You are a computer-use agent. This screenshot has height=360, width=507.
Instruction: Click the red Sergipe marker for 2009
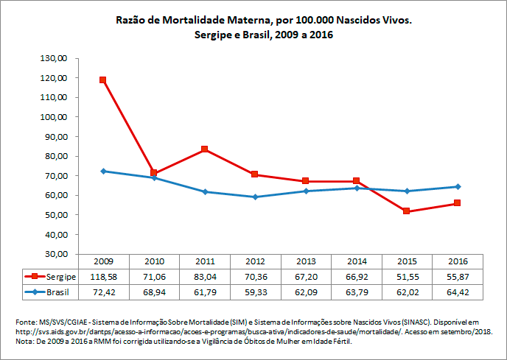[103, 80]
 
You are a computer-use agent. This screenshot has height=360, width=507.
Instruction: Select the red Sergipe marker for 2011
[204, 149]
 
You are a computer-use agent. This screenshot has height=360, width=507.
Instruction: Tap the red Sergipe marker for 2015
[407, 211]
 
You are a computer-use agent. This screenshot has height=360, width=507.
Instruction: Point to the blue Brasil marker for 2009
[103, 171]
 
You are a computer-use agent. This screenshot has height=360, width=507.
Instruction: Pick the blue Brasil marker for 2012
[255, 197]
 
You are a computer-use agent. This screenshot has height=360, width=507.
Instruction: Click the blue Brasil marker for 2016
[458, 186]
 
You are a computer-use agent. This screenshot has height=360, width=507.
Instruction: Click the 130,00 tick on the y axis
[56, 58]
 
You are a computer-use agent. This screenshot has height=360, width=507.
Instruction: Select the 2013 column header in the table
[305, 261]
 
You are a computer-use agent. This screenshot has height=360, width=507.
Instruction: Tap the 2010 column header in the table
[153, 261]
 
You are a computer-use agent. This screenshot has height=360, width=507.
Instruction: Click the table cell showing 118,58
[103, 277]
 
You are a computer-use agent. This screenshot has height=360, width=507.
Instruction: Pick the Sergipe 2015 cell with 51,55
[407, 277]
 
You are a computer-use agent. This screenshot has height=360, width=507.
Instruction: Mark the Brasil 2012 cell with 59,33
[255, 292]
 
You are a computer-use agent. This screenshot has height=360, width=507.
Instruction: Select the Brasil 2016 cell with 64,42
[458, 292]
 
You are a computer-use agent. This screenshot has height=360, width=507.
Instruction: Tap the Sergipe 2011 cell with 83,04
[204, 277]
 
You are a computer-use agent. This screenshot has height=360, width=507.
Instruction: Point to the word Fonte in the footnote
[27, 322]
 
